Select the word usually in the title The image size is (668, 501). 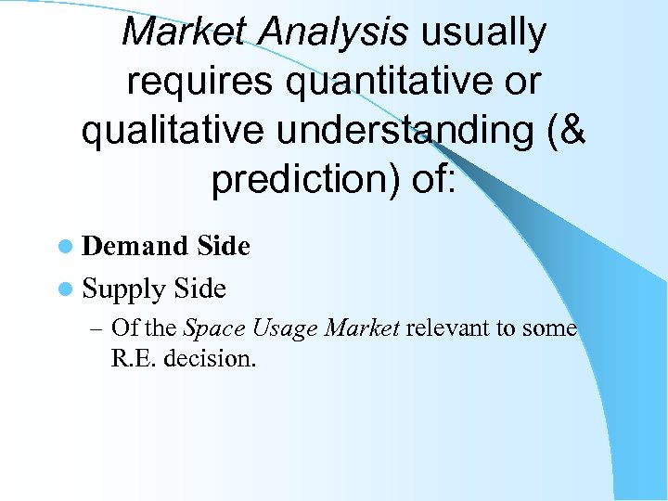pos(483,32)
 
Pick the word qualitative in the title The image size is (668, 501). pos(174,131)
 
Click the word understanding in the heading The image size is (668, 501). pos(405,131)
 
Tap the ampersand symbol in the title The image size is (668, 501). pos(571,131)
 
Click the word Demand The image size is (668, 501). pos(135,247)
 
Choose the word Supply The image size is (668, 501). pos(124,289)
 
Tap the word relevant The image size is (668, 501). pos(448,328)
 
